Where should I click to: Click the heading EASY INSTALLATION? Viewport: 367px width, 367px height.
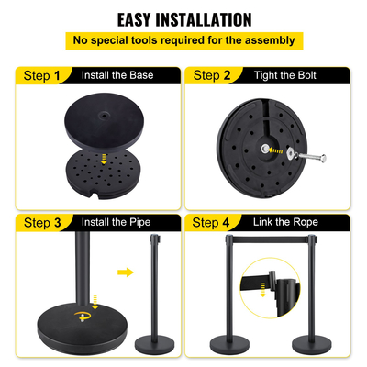pyautogui.click(x=183, y=18)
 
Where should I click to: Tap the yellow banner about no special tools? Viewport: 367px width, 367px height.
pyautogui.click(x=183, y=40)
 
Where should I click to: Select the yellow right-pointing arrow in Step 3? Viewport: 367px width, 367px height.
pyautogui.click(x=125, y=272)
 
